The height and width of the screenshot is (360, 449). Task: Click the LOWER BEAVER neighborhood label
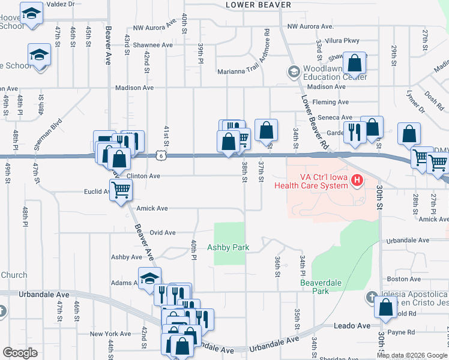coord(258,5)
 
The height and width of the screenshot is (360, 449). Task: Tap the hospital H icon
coord(357,180)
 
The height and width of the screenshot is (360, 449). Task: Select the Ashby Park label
coord(228,247)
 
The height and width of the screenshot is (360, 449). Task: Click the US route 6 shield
coord(160,156)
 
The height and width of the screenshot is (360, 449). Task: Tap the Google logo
coord(20,352)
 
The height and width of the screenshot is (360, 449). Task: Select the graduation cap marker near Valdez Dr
coord(31,12)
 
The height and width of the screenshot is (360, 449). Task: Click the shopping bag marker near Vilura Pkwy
coord(355,62)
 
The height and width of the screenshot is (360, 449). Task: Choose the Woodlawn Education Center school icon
coord(294,72)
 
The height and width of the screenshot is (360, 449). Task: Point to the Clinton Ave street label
coord(143,176)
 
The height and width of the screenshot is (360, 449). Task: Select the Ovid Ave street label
coord(162,233)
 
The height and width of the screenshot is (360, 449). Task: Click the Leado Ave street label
coord(352,325)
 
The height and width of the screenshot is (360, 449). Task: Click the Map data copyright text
coord(411,355)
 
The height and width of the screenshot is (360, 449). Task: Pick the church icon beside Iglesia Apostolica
coord(372,298)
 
